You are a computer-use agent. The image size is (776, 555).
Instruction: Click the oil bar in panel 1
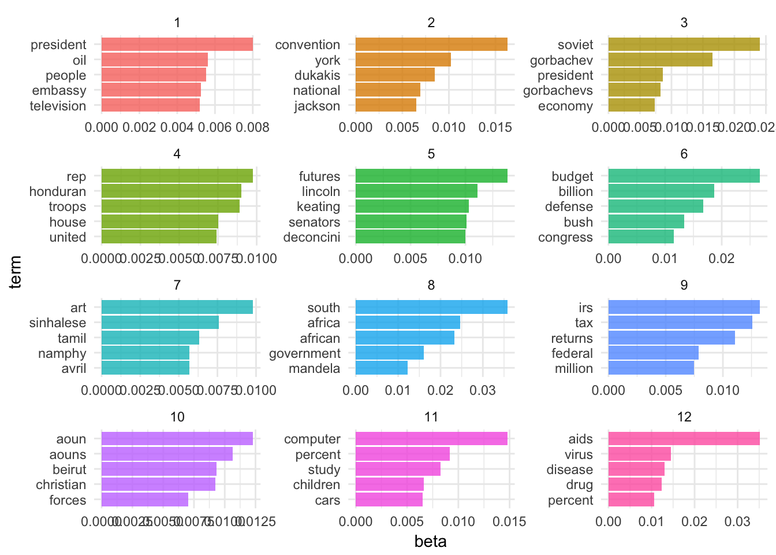154,60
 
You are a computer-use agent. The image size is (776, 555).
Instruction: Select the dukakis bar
395,75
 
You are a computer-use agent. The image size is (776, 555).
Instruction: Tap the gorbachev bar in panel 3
660,60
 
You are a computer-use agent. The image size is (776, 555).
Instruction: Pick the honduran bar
171,191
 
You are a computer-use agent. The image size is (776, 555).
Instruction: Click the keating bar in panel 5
412,206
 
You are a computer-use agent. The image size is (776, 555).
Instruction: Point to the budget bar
684,176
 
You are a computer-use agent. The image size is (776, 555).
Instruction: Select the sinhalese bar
160,323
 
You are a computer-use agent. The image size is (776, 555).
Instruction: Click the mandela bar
381,368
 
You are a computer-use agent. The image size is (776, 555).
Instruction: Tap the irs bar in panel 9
684,307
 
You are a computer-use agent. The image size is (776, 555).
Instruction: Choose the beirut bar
159,469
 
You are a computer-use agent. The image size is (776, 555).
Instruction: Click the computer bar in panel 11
431,439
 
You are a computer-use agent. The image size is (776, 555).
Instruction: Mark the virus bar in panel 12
639,454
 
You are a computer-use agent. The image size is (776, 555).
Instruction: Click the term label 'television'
58,106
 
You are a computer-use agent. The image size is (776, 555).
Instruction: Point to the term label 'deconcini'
312,237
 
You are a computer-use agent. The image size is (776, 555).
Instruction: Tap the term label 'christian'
61,484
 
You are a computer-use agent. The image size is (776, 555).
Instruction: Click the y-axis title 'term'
16,272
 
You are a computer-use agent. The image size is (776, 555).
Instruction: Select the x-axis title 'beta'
431,541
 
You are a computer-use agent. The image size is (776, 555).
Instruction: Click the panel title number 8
431,285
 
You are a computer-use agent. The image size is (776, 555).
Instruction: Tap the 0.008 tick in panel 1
253,127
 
